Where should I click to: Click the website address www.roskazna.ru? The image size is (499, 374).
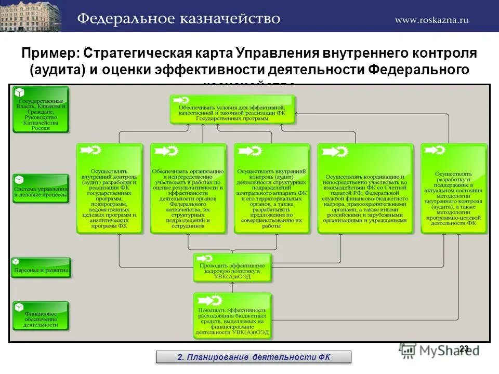pyautogui.click(x=431, y=20)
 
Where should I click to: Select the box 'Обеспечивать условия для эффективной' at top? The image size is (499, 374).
pyautogui.click(x=232, y=109)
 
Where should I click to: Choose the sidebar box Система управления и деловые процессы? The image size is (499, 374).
pyautogui.click(x=41, y=188)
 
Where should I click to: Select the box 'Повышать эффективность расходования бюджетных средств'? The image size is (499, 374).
pyautogui.click(x=232, y=317)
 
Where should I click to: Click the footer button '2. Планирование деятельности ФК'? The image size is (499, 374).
pyautogui.click(x=254, y=357)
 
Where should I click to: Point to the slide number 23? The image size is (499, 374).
pyautogui.click(x=464, y=349)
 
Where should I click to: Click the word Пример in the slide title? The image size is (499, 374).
pyautogui.click(x=49, y=54)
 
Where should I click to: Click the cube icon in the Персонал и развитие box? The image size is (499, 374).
pyautogui.click(x=17, y=262)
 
